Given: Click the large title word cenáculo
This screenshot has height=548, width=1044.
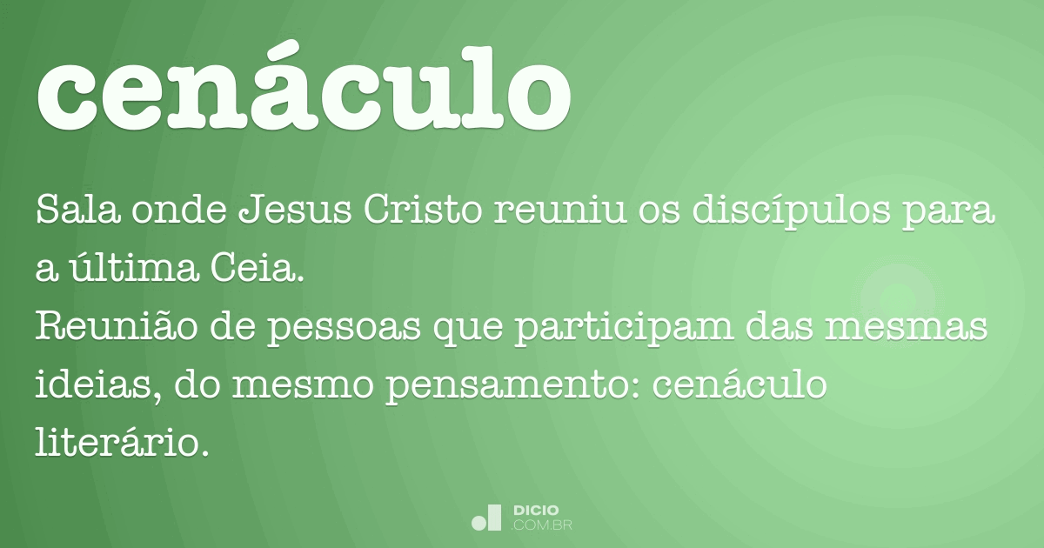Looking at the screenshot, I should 303,87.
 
